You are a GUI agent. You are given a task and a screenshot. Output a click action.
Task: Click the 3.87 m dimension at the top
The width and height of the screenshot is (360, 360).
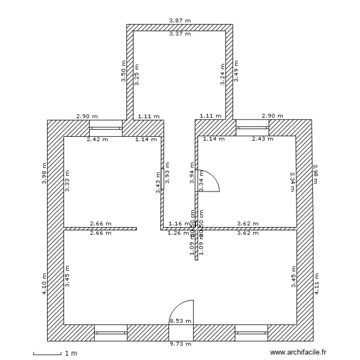(180, 21)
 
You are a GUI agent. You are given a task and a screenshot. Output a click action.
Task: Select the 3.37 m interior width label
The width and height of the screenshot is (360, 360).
(180, 34)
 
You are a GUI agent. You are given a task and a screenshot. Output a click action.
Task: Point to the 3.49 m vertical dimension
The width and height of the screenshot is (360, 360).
(236, 72)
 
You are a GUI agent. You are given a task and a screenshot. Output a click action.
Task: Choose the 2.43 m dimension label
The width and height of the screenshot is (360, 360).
(263, 140)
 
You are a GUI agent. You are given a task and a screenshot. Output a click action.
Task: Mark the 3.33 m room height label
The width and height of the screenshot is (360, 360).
(67, 181)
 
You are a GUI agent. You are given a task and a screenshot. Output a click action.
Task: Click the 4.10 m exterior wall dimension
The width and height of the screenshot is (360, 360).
(44, 285)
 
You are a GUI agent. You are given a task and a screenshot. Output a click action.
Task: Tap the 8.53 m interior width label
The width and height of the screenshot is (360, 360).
(180, 321)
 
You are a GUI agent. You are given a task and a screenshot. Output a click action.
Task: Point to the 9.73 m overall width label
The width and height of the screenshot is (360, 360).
(180, 344)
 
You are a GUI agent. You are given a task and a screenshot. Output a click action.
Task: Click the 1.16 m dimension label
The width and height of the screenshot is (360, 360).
(179, 224)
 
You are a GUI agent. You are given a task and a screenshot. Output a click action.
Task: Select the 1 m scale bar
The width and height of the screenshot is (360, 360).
(48, 354)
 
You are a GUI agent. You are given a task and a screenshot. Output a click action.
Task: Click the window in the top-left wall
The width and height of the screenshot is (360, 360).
(106, 128)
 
